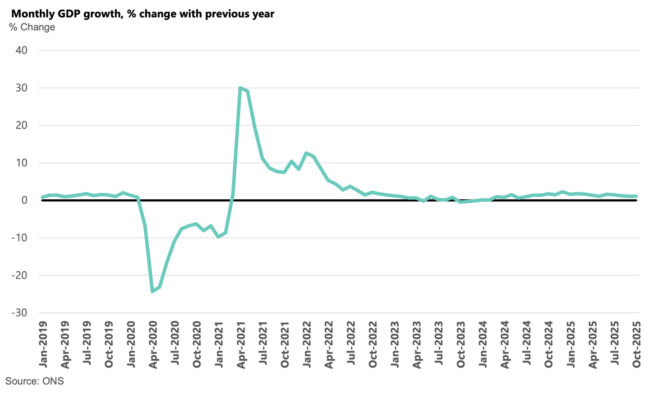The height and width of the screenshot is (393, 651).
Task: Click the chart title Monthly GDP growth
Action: click(x=142, y=14)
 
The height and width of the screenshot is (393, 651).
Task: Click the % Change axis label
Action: click(x=32, y=27)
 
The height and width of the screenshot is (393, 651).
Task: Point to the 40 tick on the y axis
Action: click(x=22, y=50)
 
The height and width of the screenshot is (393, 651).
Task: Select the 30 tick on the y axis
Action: click(x=22, y=88)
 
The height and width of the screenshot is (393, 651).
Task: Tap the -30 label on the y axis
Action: click(x=19, y=313)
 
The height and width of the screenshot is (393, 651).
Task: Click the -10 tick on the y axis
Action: click(x=19, y=238)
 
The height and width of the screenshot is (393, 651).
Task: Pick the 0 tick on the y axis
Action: click(x=24, y=200)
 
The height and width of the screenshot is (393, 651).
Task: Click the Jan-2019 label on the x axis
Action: click(x=43, y=345)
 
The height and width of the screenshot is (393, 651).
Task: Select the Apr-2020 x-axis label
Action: click(x=153, y=345)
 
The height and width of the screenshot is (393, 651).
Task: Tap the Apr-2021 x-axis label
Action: click(x=241, y=345)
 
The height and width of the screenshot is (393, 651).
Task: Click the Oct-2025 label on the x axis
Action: click(x=637, y=345)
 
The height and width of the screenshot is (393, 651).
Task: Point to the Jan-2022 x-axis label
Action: click(x=307, y=345)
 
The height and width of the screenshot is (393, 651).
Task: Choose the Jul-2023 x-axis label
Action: click(x=439, y=345)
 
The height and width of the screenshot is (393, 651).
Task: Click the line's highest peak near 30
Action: click(x=240, y=88)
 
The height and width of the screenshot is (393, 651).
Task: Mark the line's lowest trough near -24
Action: click(x=152, y=291)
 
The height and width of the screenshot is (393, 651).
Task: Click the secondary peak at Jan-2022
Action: click(x=306, y=153)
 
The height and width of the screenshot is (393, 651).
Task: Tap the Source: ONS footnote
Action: click(x=35, y=381)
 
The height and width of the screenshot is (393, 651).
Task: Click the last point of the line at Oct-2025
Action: click(x=636, y=196)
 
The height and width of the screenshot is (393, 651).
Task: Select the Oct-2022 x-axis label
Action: click(x=373, y=345)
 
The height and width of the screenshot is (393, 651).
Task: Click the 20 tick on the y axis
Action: click(x=22, y=125)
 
